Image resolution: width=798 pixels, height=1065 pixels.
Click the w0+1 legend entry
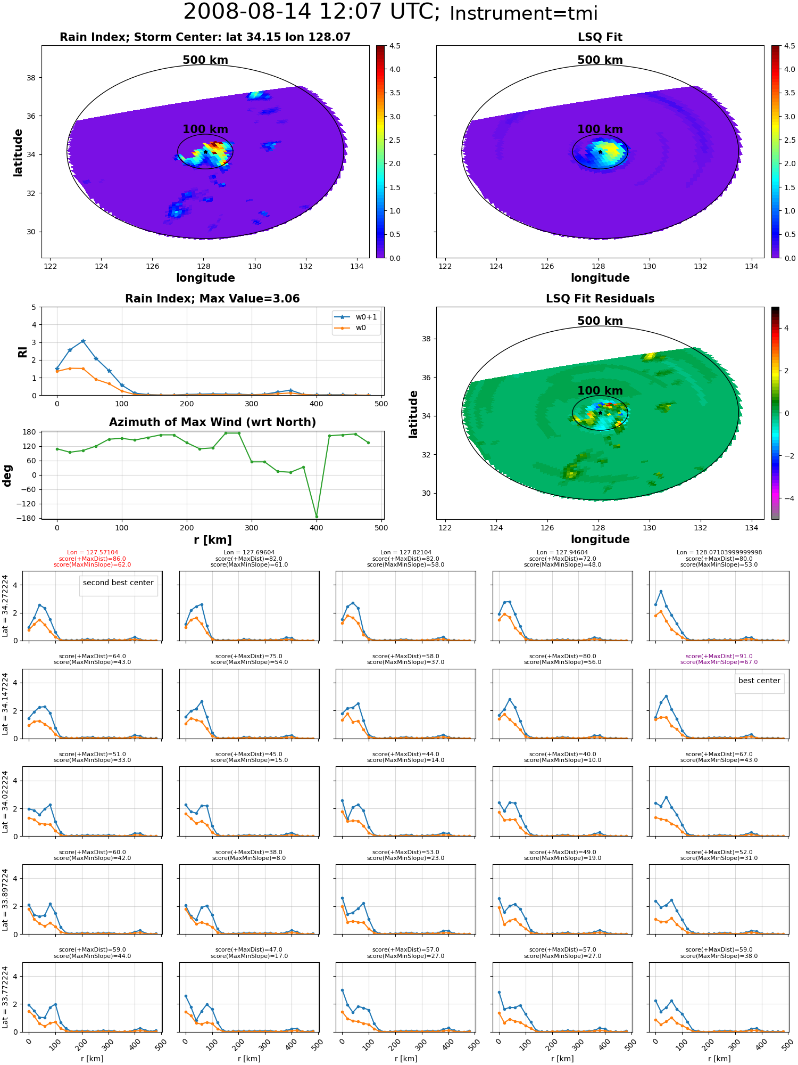(355, 317)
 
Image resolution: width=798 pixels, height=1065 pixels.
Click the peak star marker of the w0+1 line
(83, 341)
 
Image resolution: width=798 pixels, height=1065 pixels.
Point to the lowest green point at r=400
(317, 517)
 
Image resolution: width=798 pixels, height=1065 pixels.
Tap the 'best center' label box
(759, 681)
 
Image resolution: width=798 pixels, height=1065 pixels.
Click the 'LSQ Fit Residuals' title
(600, 299)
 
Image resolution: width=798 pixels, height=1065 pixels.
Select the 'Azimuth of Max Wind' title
(212, 422)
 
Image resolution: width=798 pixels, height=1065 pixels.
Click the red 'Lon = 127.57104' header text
(93, 553)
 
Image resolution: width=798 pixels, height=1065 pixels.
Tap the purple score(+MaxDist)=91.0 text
(719, 657)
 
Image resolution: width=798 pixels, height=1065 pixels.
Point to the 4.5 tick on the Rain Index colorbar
(395, 46)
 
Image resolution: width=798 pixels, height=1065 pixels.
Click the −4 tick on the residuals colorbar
(785, 498)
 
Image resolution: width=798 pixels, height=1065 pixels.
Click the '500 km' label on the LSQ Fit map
(600, 60)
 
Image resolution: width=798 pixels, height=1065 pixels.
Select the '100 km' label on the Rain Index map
(205, 129)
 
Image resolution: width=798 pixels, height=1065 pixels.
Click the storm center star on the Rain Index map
(205, 152)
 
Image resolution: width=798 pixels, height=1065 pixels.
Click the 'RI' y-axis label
(22, 351)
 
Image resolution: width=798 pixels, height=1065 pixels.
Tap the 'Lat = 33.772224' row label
(5, 997)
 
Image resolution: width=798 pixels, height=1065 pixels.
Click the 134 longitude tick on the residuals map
(751, 528)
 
